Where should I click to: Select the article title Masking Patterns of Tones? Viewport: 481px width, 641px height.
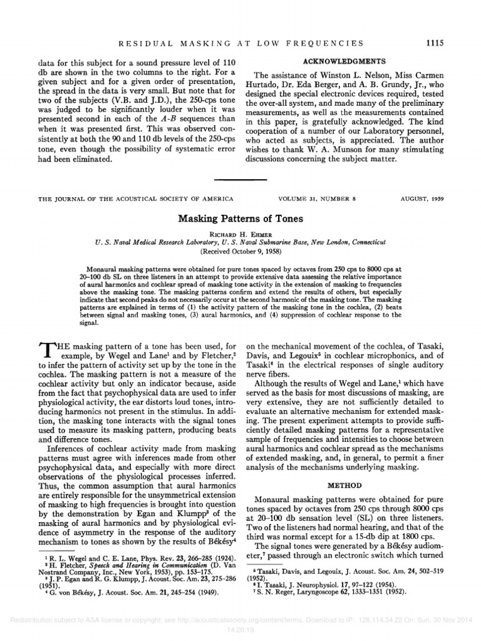click(x=240, y=220)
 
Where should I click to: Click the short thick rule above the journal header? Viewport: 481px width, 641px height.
click(x=240, y=179)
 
